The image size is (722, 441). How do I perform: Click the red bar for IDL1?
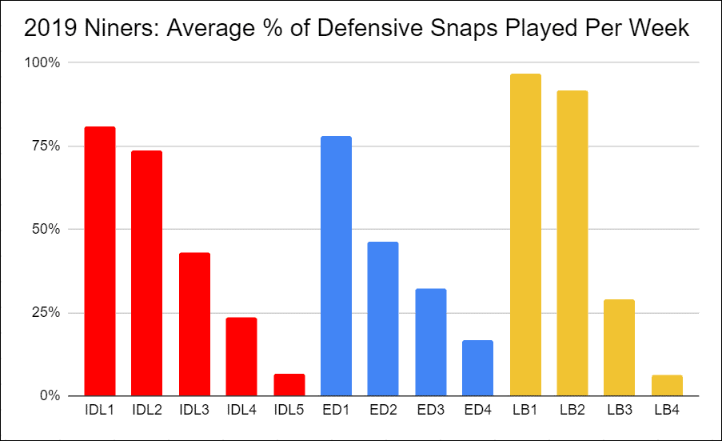click(100, 261)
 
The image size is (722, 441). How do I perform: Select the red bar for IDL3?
click(194, 324)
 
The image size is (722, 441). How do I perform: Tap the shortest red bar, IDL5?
click(289, 385)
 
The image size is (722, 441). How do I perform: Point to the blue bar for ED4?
click(477, 368)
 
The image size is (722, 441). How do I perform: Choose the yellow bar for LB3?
click(619, 347)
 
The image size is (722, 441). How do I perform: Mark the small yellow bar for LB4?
click(667, 385)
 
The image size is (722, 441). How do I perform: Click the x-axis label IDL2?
click(147, 410)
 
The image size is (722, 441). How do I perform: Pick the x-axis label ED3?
click(430, 410)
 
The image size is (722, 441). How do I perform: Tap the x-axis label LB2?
click(572, 410)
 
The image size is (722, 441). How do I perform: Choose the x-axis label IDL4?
click(241, 410)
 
